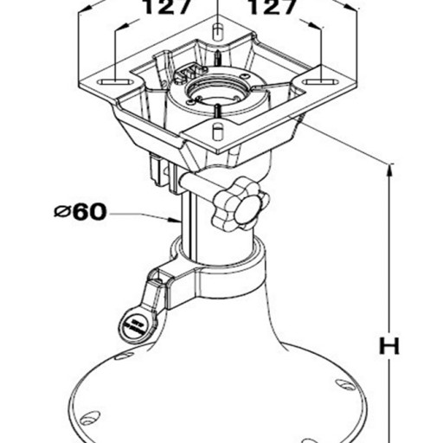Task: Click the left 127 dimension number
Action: (166, 6)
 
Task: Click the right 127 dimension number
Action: (272, 6)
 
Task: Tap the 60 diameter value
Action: (90, 212)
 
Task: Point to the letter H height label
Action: (389, 345)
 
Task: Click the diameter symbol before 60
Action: (62, 212)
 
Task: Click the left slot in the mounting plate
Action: (116, 82)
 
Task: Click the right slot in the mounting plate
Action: (321, 81)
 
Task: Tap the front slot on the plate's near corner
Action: (218, 132)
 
